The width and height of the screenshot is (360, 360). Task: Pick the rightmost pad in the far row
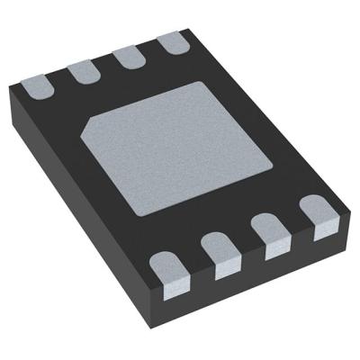pos(171,42)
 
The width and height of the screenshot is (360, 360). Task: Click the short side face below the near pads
pos(261,279)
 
